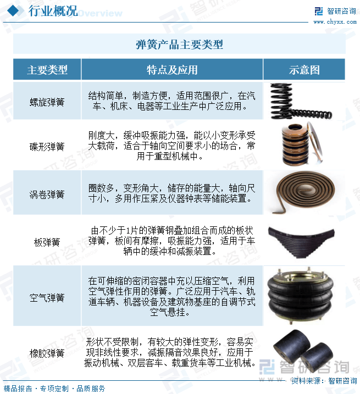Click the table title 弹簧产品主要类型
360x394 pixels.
[179, 45]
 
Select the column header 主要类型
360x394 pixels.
[47, 70]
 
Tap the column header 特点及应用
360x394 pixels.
[171, 70]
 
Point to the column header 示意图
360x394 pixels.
[304, 70]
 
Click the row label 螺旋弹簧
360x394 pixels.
[47, 102]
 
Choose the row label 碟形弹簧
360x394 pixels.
[47, 146]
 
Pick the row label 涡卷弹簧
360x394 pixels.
[47, 195]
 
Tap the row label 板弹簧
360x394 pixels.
[47, 242]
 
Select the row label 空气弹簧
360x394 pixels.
[47, 298]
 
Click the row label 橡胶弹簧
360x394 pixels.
[47, 353]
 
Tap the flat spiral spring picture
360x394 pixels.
[303, 192]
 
